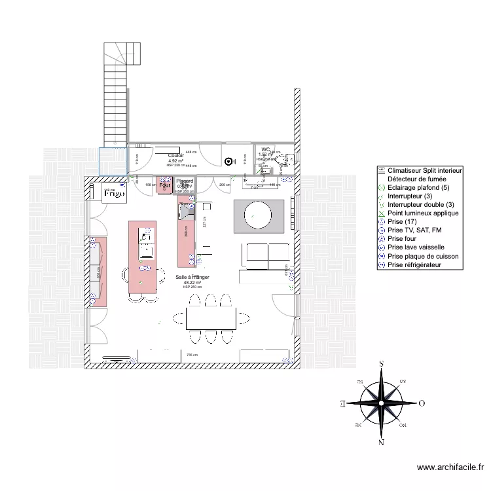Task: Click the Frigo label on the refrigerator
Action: pyautogui.click(x=115, y=194)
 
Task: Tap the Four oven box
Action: pyautogui.click(x=165, y=186)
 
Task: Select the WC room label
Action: pyautogui.click(x=266, y=150)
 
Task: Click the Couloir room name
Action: pyautogui.click(x=176, y=155)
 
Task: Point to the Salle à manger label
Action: pyautogui.click(x=192, y=278)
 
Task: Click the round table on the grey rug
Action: pyautogui.click(x=258, y=213)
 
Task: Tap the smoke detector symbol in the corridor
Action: pyautogui.click(x=228, y=162)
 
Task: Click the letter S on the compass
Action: pyautogui.click(x=381, y=365)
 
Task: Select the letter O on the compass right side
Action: pyautogui.click(x=422, y=403)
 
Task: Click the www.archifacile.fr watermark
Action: pyautogui.click(x=450, y=467)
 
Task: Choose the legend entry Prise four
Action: pyautogui.click(x=407, y=240)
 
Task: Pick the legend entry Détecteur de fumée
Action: pyautogui.click(x=416, y=179)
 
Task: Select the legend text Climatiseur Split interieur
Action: pyautogui.click(x=425, y=170)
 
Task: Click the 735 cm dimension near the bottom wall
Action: pyautogui.click(x=192, y=355)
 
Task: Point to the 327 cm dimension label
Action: pyautogui.click(x=204, y=222)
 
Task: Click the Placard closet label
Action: pyautogui.click(x=185, y=181)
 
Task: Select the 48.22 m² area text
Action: pyautogui.click(x=192, y=283)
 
